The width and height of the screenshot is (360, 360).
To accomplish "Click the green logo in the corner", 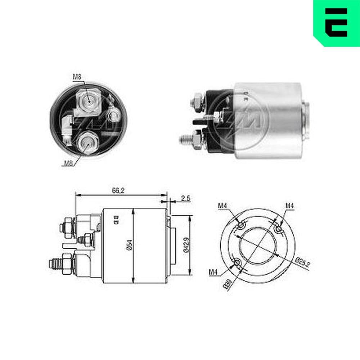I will pos(337,23).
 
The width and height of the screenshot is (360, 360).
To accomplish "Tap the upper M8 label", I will pos(77,76).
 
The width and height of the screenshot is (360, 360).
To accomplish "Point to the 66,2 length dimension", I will pos(118,191).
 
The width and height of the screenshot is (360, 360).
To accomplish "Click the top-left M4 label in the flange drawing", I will pos(222,206).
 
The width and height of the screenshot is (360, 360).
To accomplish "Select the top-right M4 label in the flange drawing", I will pos(290,206).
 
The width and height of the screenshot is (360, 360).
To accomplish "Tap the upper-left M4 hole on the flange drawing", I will pos(241,226).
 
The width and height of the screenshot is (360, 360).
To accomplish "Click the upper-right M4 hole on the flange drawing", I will pos(278,229).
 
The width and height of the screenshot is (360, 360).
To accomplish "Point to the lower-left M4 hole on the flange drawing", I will pos(238,263).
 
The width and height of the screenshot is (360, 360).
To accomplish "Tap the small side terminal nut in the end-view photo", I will pos(114,116).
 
